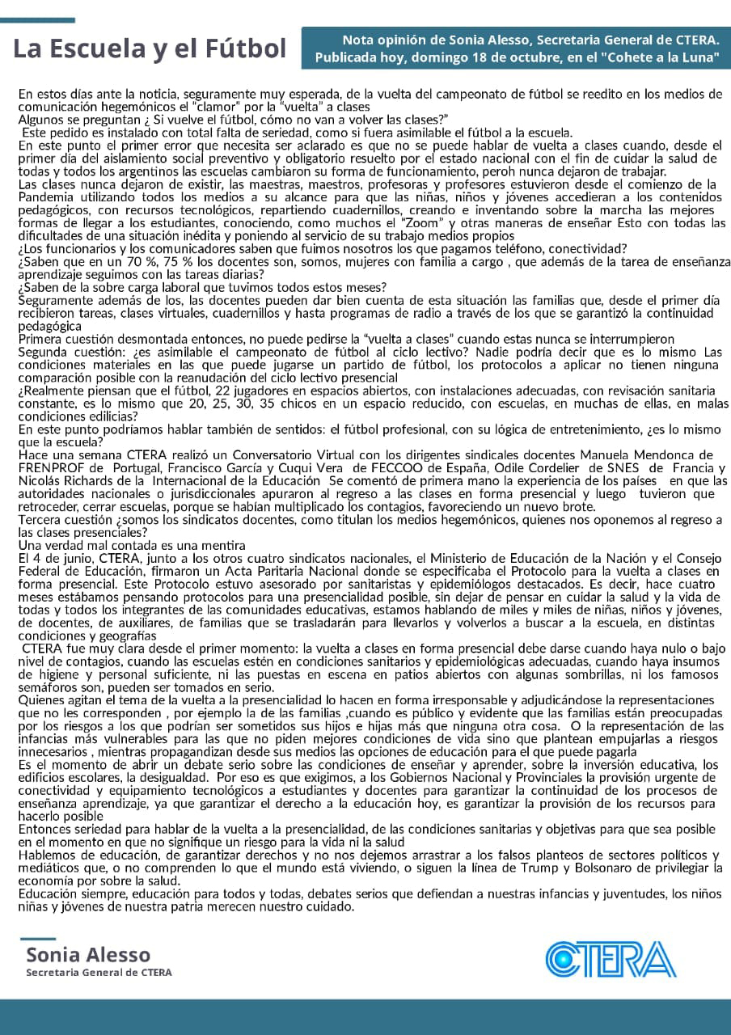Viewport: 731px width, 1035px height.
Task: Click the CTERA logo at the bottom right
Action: [x=611, y=959]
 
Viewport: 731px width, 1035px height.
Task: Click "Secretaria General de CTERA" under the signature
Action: [x=99, y=973]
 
